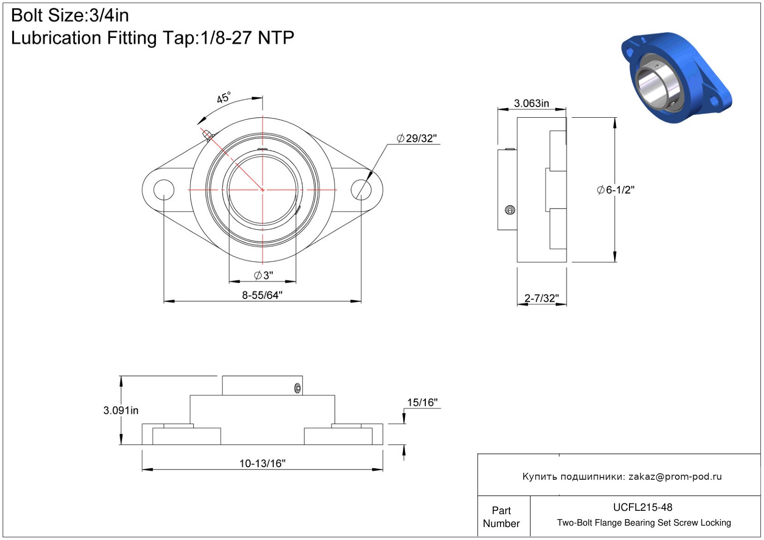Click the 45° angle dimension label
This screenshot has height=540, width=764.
point(224,97)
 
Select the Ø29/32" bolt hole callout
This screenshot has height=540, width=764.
point(417,139)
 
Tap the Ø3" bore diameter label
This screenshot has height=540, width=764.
point(263,275)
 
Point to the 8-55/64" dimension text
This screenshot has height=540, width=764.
point(262,295)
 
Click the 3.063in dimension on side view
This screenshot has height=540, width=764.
point(532,103)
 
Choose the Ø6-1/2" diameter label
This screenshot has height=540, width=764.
point(615,190)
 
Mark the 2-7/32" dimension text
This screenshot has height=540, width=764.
point(542,299)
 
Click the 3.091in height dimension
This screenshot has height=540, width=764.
point(121,410)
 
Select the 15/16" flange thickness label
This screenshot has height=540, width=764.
point(422,402)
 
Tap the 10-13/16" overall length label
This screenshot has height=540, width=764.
point(262,464)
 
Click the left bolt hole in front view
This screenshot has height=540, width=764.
point(164,190)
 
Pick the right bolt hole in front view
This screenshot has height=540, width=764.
point(361,190)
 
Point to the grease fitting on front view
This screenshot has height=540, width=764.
point(207,135)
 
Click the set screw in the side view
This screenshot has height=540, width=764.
point(510,210)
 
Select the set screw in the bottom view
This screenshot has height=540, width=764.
point(298,388)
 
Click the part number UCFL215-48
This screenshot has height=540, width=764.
point(642,507)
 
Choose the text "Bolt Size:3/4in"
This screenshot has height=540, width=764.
point(70,16)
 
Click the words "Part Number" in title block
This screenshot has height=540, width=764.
point(501,517)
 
